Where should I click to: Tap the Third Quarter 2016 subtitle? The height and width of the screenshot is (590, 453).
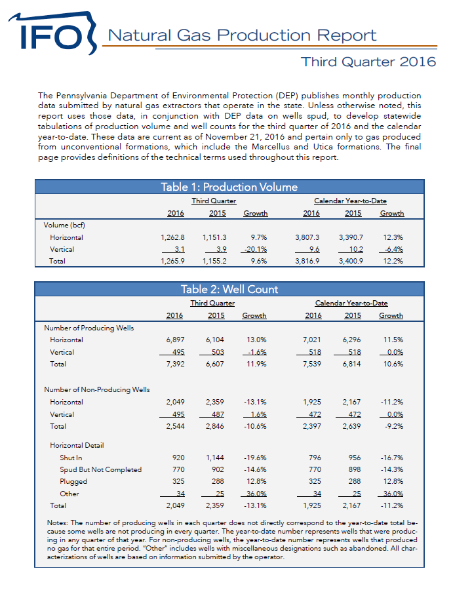tap(368, 62)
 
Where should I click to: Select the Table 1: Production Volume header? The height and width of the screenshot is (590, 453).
tap(229, 187)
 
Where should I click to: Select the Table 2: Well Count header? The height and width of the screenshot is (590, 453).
tap(229, 289)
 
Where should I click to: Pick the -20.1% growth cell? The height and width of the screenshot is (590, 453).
tap(255, 249)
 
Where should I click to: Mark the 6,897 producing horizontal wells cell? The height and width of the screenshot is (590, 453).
tap(174, 340)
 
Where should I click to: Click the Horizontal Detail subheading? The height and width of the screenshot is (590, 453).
tap(77, 445)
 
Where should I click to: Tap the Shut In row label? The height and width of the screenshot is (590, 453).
tap(71, 457)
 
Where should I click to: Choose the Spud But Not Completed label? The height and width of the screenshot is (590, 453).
tap(100, 469)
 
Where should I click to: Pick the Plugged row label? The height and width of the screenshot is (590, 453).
tap(73, 481)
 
